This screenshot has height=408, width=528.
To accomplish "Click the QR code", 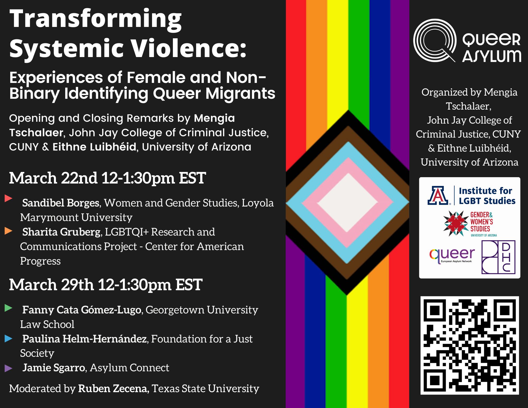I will click(x=469, y=345).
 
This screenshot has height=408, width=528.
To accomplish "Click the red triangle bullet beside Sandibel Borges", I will click(x=8, y=198).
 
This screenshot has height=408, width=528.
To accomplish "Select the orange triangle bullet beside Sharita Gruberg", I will click(x=8, y=231).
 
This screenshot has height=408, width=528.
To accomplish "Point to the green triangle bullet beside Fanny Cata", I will click(x=8, y=308).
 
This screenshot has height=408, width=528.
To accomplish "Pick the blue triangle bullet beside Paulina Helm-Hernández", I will click(x=8, y=338).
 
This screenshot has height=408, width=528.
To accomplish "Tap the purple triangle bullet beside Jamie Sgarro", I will click(x=8, y=368).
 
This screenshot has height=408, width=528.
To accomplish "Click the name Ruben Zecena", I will click(x=112, y=388).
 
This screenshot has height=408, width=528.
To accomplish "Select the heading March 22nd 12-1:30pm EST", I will click(x=107, y=178).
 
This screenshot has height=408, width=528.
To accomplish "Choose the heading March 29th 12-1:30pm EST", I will click(x=106, y=285).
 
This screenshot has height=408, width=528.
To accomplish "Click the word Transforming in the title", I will click(x=96, y=19).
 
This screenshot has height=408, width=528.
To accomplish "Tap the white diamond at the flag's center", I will click(x=348, y=203).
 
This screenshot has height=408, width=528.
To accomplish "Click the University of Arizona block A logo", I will click(x=438, y=196).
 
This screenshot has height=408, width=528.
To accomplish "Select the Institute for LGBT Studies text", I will click(x=487, y=196).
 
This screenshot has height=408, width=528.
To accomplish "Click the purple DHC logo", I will click(x=498, y=257).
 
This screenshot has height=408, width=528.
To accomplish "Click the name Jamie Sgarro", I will click(x=54, y=368).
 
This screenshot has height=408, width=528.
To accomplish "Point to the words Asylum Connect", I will click(x=129, y=368).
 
